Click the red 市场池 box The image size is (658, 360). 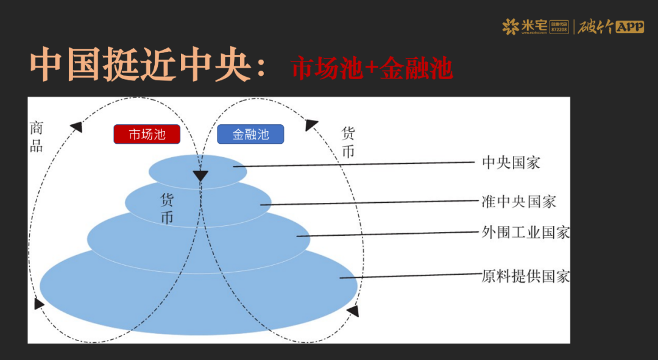[147, 134]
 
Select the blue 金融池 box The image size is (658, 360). [250, 134]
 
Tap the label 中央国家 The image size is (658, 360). [511, 163]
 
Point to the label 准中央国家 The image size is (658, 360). [518, 201]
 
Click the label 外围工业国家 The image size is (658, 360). [525, 232]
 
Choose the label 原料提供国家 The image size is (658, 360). [525, 276]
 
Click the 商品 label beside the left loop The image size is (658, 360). [37, 136]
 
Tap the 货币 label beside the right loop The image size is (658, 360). [348, 142]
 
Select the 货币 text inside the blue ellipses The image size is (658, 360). [167, 208]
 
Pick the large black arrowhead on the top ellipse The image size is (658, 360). [200, 176]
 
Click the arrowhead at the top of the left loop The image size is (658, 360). [76, 127]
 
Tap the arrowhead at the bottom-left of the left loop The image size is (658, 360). [40, 303]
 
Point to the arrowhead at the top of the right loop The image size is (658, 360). [311, 125]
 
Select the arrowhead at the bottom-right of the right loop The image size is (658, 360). [352, 311]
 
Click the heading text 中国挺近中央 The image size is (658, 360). [141, 66]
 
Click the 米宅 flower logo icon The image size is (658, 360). [510, 26]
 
